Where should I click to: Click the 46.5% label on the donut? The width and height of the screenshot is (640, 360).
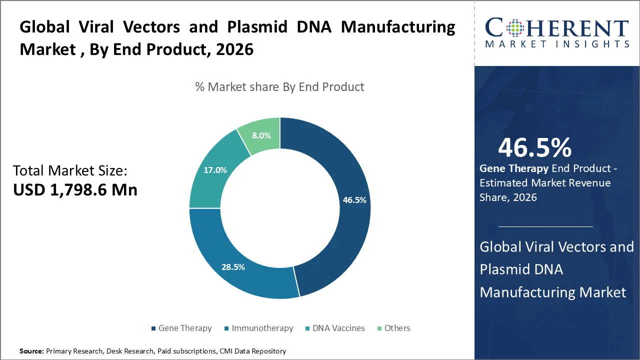coord(354,200)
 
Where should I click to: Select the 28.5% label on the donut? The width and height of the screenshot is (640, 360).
coord(233,267)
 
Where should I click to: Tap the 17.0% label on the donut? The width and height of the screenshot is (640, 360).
coord(215,170)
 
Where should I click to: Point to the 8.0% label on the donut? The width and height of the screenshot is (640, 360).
coord(261,135)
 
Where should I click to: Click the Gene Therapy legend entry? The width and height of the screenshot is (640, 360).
coord(184,328)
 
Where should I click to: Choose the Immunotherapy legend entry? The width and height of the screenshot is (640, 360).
coord(262,328)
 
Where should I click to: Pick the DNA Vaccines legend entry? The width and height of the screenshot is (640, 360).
coord(338,328)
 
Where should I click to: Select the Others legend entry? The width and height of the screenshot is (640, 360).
coord(396,328)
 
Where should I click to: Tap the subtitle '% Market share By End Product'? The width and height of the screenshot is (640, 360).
coord(279,86)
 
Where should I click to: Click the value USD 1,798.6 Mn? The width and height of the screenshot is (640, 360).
coord(75,189)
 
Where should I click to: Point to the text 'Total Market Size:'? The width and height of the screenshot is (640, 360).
coord(70,171)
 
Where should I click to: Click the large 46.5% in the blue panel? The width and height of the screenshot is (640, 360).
coord(534,148)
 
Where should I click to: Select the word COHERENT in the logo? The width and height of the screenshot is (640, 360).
coord(556,28)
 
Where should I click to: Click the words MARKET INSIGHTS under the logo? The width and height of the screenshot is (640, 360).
coord(556,44)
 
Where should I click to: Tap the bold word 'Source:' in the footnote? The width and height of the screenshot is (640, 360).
coord(31,351)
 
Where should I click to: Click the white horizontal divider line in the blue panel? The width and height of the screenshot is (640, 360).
coord(545,226)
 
